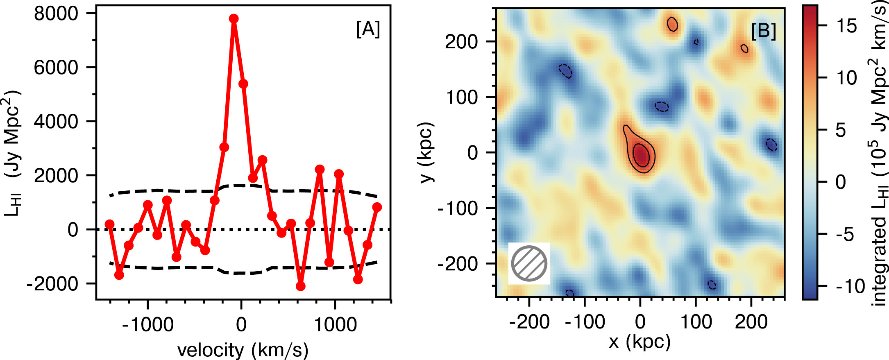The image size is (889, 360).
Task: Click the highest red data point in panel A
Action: click(x=234, y=19)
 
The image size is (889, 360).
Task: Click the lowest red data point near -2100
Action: click(x=300, y=286)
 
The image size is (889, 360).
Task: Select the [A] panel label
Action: click(x=368, y=29)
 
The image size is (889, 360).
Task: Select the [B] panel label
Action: click(x=763, y=31)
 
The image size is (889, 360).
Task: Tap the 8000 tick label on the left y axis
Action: click(x=56, y=14)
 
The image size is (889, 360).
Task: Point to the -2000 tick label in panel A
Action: click(x=52, y=283)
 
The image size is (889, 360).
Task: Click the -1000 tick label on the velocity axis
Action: click(x=148, y=325)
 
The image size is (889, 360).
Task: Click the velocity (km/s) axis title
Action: click(x=243, y=350)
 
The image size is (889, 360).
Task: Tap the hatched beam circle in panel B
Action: click(x=529, y=263)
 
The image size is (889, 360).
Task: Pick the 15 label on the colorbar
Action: click(x=845, y=26)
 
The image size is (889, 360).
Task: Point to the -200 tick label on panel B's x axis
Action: click(x=529, y=322)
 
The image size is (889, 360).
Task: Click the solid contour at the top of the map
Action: click(x=672, y=24)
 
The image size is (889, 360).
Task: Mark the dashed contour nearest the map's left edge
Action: click(x=566, y=71)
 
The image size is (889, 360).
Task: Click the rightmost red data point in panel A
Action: click(x=377, y=207)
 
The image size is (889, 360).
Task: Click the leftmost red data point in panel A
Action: click(x=109, y=224)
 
